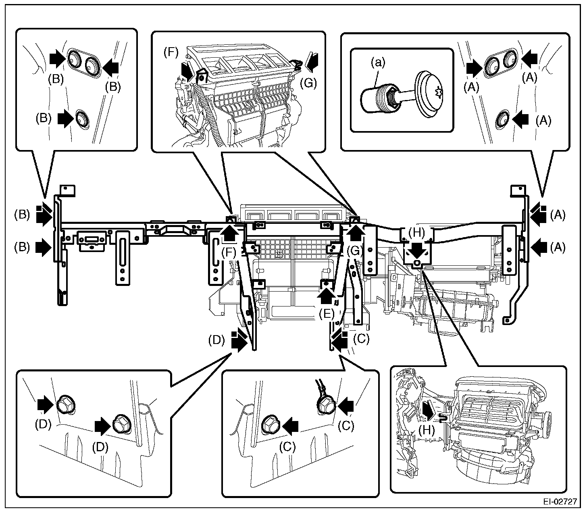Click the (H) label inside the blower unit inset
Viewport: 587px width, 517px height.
coord(427,430)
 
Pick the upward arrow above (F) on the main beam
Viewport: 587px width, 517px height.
coord(230,233)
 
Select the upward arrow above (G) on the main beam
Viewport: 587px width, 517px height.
coord(355,233)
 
